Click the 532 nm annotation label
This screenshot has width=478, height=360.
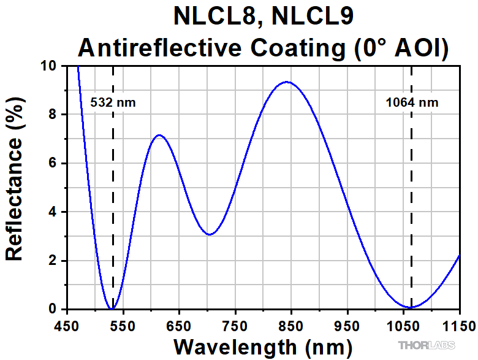pos(113,102)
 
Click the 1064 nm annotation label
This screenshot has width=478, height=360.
pos(412,102)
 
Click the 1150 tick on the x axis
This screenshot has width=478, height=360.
pos(458,324)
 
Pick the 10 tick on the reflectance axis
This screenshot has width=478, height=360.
pos(50,66)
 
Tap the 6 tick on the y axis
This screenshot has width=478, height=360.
pos(53,163)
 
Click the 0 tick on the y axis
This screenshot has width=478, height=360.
pos(53,309)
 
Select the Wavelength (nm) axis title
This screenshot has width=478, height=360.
pos(263,347)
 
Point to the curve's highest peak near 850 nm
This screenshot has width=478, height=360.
pos(286,82)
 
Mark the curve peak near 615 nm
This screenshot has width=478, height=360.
pos(159,135)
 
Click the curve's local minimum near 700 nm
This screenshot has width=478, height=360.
pos(210,234)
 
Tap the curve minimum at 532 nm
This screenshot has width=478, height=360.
pos(112,308)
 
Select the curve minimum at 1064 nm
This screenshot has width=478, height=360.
pos(411,307)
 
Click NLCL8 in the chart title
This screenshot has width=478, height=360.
pos(213,17)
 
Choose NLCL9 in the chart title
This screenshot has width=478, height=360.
pos(310,17)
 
